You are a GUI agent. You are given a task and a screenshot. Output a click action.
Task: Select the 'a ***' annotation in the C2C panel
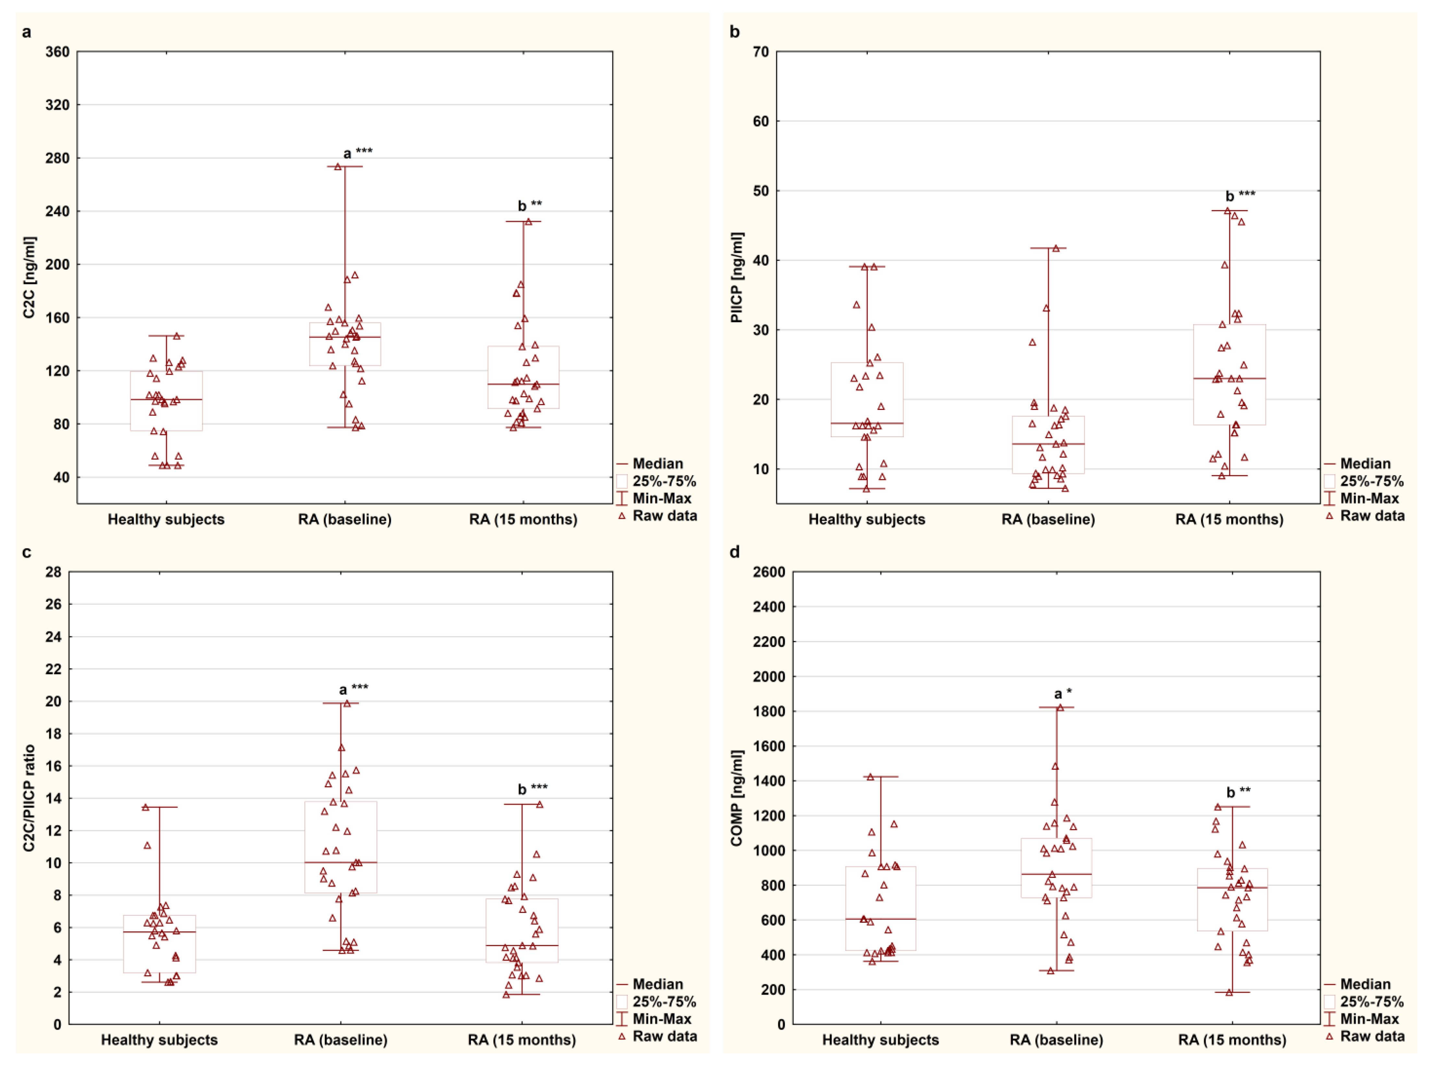tap(357, 153)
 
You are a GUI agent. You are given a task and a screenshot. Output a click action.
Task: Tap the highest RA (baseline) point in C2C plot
tap(337, 167)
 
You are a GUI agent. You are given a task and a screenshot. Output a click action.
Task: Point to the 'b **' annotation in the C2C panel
tap(529, 205)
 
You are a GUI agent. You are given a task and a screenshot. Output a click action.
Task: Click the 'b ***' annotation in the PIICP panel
tap(1240, 195)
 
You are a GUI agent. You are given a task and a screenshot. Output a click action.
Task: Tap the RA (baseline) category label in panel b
tap(1047, 519)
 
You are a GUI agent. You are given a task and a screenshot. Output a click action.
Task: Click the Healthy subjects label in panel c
tap(159, 1040)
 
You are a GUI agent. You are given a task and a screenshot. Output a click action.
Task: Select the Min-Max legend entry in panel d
tap(1369, 1019)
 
